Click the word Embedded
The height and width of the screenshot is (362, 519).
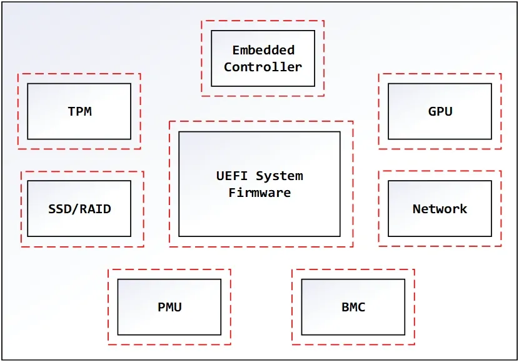coord(263,50)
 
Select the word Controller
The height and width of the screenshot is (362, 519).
coord(263,67)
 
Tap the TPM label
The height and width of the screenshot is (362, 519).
coord(80,111)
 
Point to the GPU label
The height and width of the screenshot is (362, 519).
coord(440,111)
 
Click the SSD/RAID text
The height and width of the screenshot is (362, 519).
coord(80,209)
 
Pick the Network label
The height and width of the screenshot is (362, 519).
coord(440,209)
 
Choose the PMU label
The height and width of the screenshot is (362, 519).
coord(170,307)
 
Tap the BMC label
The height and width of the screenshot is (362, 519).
coord(353,307)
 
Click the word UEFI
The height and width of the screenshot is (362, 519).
coord(232,176)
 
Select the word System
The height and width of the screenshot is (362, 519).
coord(280,176)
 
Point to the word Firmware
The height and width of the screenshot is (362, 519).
coord(259,193)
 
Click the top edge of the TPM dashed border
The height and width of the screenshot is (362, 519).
coord(79,74)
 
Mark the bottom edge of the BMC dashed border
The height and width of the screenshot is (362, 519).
coord(353,344)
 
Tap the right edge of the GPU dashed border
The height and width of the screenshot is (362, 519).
coord(501,111)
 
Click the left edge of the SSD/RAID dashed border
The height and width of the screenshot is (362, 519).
coord(21,209)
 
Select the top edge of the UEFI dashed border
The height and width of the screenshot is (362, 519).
coord(261,121)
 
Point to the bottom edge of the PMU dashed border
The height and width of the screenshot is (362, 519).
coord(169,344)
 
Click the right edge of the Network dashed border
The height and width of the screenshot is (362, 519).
coord(501,208)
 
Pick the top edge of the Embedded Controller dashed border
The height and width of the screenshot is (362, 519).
coord(263,21)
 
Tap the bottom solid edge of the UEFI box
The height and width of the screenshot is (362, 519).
coord(259,236)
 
